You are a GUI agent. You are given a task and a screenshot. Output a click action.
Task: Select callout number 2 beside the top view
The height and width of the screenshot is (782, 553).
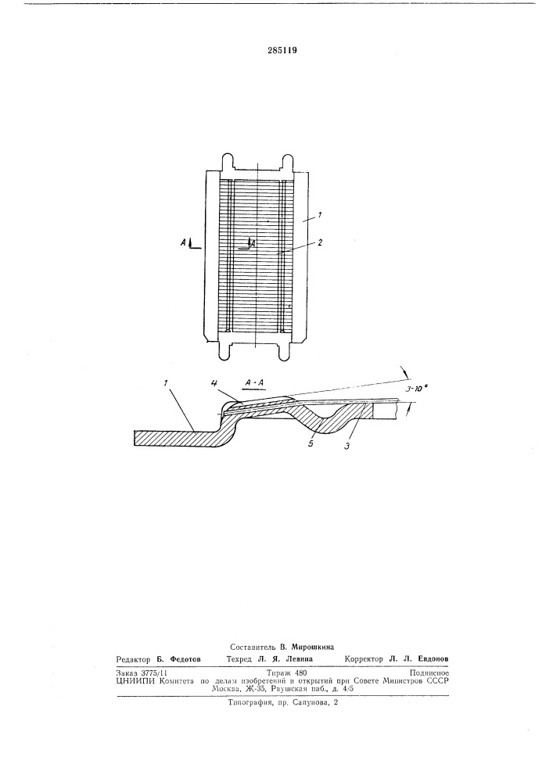320,243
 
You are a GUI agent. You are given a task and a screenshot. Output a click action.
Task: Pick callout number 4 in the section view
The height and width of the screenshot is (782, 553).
214,382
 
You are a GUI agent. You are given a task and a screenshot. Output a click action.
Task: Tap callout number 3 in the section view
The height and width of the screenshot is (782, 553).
347,447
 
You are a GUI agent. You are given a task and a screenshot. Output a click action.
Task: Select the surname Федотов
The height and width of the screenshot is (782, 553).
185,658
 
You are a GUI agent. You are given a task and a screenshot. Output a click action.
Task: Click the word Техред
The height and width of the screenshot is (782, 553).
239,658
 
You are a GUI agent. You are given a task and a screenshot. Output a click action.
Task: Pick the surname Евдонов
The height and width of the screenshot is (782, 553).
431,658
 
